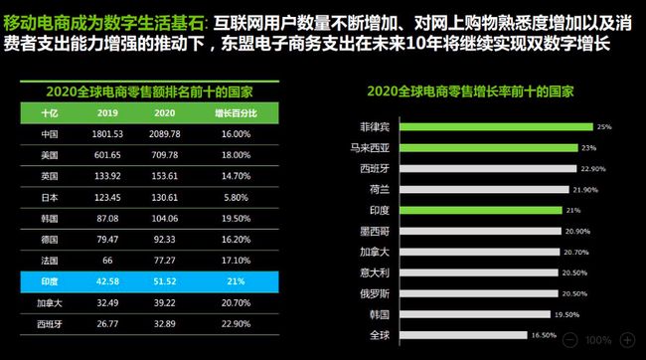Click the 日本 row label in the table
click(49, 197)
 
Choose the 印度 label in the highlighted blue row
click(49, 281)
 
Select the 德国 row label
click(49, 240)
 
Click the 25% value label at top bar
click(603, 127)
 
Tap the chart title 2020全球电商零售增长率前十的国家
click(475, 90)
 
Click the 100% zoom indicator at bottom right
click(598, 340)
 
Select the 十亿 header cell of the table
click(49, 112)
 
